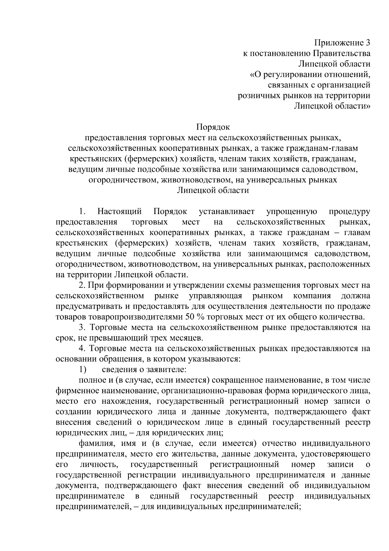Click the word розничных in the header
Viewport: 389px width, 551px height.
258,95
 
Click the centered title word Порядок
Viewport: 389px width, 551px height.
213,127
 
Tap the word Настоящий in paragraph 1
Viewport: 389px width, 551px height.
120,212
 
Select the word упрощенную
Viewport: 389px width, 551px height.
291,212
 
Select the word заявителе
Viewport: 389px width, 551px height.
166,369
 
